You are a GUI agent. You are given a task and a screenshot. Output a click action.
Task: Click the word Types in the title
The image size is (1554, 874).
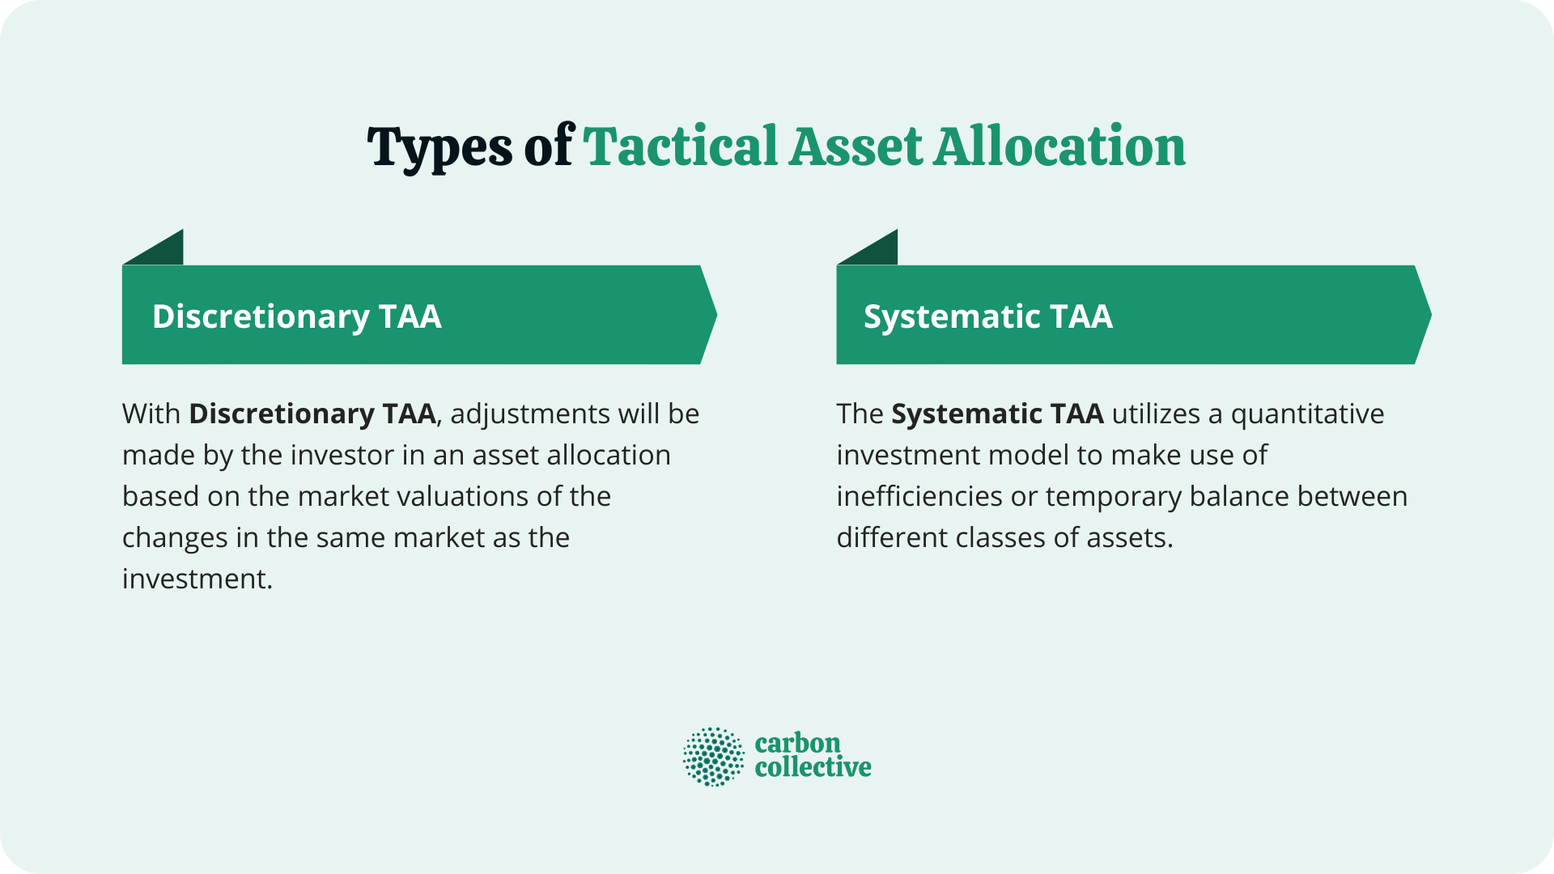439,148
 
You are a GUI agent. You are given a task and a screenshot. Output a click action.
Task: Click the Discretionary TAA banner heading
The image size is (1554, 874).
296,316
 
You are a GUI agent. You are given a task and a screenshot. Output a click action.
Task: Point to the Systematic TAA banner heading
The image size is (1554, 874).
987,316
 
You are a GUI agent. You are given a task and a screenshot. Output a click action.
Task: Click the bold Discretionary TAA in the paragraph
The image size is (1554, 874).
312,414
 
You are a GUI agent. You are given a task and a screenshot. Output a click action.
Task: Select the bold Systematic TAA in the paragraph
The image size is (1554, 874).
997,414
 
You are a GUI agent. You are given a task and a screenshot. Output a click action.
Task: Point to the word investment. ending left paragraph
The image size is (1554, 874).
197,579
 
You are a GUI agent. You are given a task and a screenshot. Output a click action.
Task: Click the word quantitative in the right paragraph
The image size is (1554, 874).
1307,414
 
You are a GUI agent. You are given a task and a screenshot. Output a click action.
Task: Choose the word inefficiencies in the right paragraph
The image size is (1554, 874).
919,496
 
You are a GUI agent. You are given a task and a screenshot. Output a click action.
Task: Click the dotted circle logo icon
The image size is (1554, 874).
713,757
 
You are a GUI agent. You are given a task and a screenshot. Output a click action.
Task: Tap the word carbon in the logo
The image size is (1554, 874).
797,743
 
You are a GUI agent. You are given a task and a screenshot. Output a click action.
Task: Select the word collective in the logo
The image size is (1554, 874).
813,767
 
